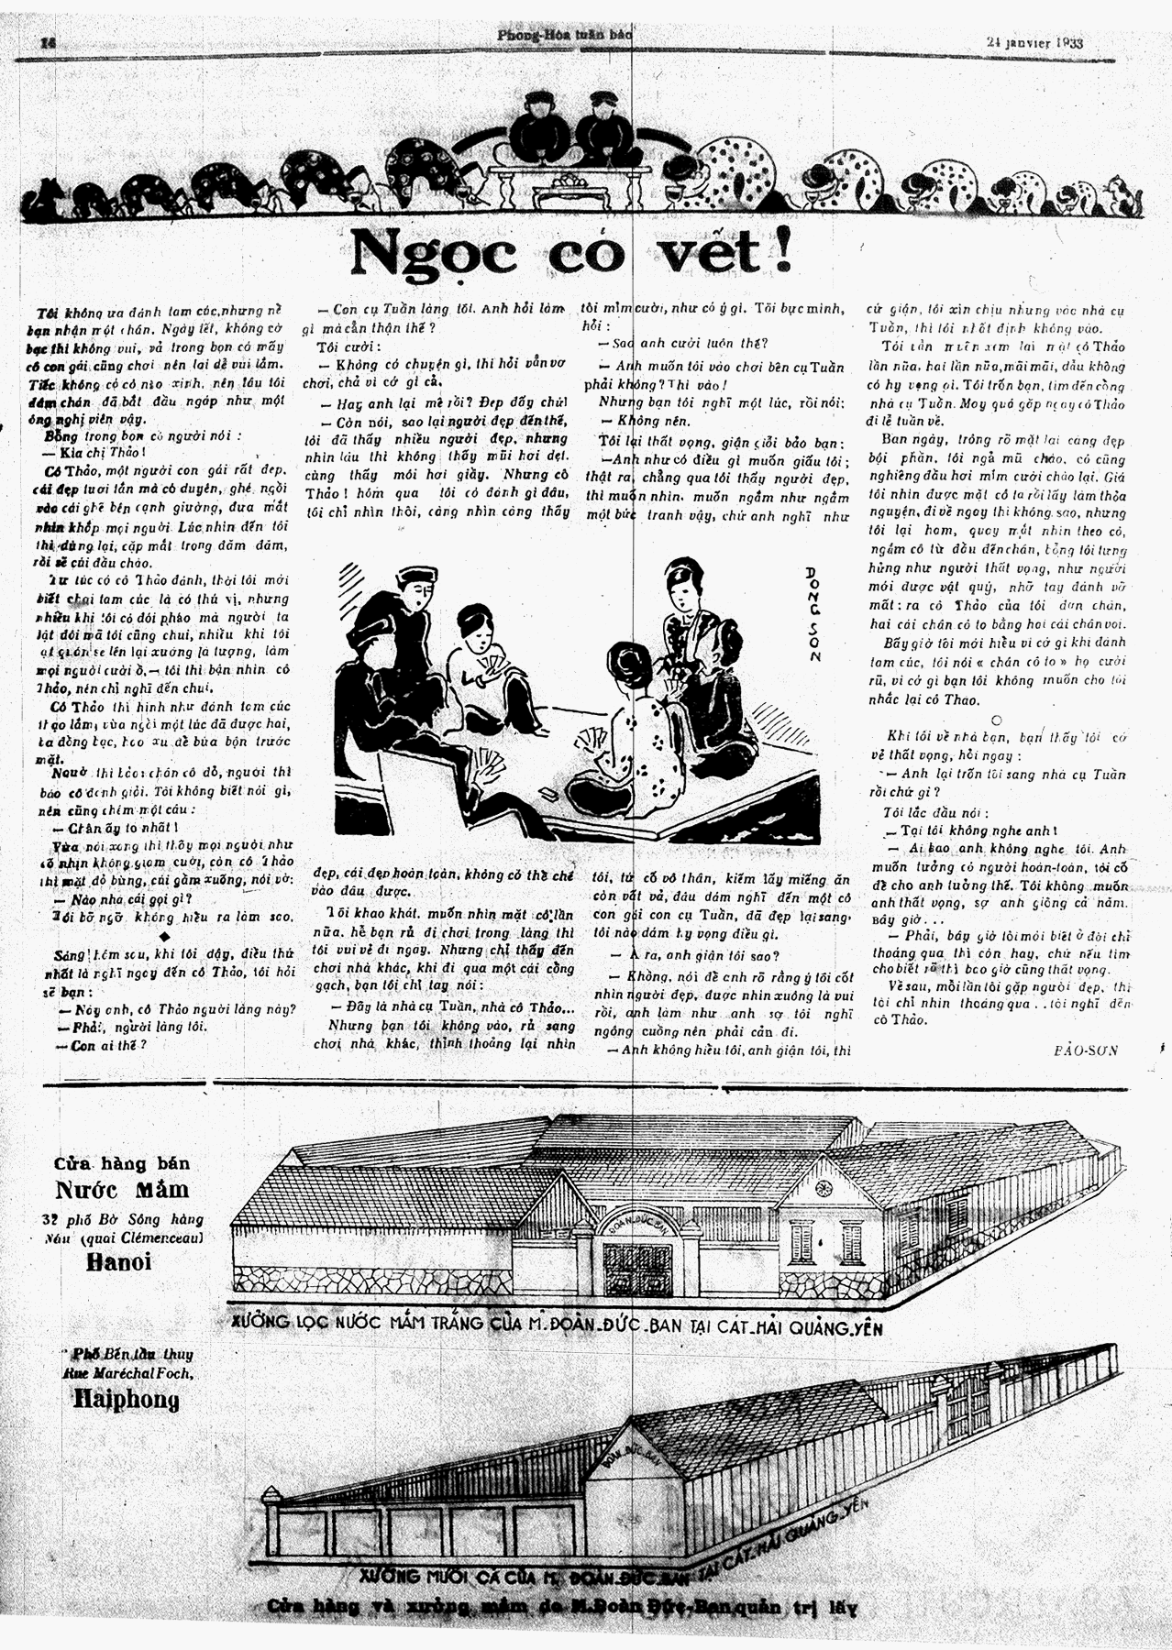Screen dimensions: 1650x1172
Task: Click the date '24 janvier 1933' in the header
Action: coord(1035,41)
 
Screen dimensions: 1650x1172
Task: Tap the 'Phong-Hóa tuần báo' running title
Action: coord(565,36)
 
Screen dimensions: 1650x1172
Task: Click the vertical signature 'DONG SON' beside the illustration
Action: coord(812,613)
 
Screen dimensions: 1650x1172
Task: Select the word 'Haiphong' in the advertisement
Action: coord(127,1400)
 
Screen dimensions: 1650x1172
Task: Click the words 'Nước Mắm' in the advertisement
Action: coord(122,1190)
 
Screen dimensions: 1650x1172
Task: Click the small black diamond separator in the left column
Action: coord(163,936)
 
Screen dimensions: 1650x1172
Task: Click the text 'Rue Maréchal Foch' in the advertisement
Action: coord(122,1373)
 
